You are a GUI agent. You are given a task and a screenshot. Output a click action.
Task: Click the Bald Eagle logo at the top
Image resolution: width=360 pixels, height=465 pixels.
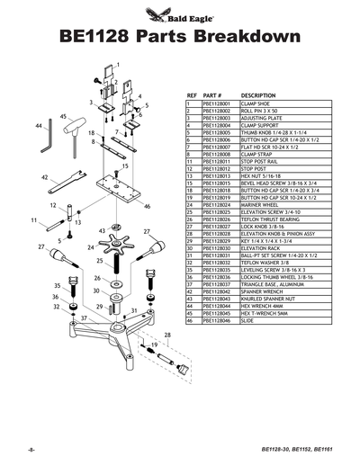pos(179,13)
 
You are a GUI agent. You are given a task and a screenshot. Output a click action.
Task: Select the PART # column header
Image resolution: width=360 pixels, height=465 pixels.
pos(212,94)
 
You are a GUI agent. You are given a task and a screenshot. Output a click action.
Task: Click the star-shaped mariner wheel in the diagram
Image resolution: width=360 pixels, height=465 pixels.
pos(115,240)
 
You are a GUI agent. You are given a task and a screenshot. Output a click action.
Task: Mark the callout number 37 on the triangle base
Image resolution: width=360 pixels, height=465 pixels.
pos(84,318)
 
